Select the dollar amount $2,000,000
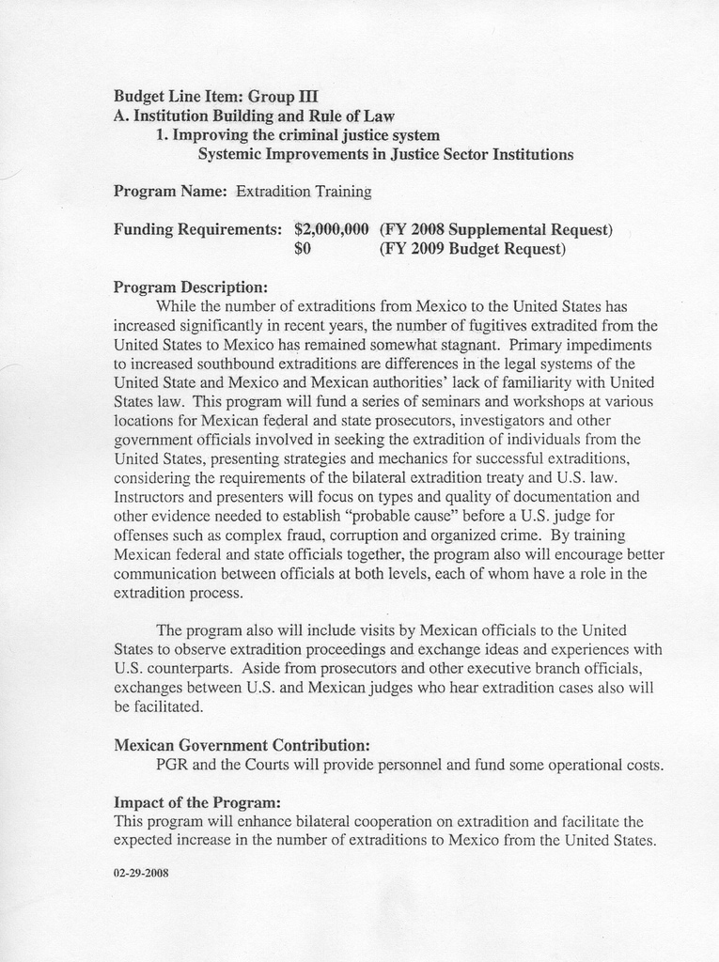(331, 229)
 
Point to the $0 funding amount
(303, 250)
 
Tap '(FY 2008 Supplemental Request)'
(495, 229)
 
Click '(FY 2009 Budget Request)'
(472, 250)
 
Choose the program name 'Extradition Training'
(304, 192)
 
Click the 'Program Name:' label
(170, 192)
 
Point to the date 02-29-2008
(141, 873)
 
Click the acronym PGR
(172, 765)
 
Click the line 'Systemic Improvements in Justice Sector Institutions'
(385, 154)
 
